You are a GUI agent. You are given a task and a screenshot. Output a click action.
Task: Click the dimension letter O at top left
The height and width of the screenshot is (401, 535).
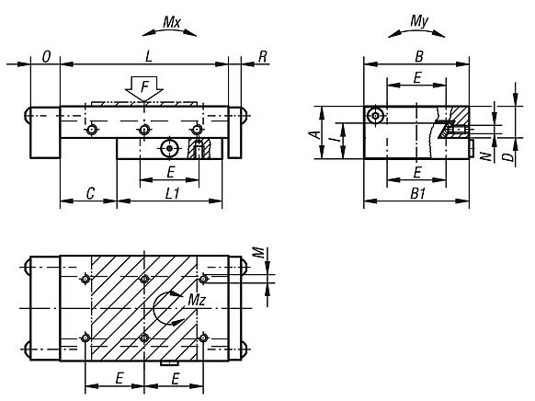pyautogui.click(x=45, y=56)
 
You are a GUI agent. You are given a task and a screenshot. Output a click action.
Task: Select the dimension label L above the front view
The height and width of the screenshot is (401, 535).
pyautogui.click(x=148, y=56)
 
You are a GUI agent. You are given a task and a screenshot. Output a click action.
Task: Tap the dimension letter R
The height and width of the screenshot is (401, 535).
pyautogui.click(x=263, y=56)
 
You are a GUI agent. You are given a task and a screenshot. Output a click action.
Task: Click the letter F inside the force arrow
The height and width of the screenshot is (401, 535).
pyautogui.click(x=144, y=86)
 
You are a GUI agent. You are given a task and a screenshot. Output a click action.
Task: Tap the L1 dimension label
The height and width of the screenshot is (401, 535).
pyautogui.click(x=171, y=193)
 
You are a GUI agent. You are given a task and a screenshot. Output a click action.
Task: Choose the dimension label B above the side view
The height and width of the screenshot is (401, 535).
pyautogui.click(x=416, y=56)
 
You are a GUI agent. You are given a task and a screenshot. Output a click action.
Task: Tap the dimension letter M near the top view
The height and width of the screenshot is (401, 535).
pyautogui.click(x=260, y=251)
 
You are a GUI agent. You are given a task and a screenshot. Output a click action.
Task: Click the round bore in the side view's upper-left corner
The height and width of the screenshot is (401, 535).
pyautogui.click(x=374, y=115)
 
